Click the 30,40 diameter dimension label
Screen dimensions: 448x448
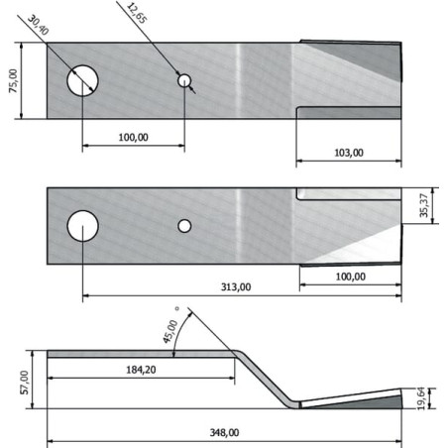38,25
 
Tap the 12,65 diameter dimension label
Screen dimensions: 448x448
137,13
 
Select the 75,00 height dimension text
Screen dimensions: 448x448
13,80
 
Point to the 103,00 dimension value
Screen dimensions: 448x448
349,153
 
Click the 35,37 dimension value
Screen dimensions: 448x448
424,205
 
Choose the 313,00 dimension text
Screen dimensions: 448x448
236,286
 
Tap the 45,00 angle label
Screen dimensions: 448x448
170,331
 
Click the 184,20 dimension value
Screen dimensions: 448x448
141,370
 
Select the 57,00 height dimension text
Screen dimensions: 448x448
25,383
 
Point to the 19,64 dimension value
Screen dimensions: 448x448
421,398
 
